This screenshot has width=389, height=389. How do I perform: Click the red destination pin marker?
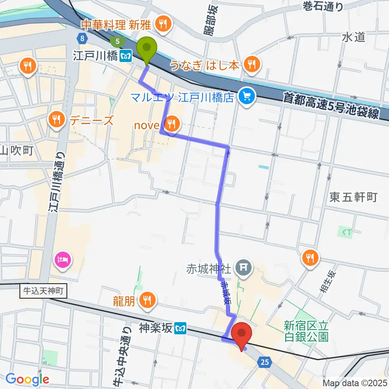[242, 334]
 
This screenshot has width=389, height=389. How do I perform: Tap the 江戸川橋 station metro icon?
[128, 56]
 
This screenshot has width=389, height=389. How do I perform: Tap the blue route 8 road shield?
[82, 38]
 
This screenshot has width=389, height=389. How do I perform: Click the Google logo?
[27, 379]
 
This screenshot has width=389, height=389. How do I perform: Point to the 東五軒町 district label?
[353, 197]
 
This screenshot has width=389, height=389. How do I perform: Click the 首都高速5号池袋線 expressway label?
[331, 106]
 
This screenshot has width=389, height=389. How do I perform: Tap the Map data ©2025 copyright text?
[355, 383]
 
